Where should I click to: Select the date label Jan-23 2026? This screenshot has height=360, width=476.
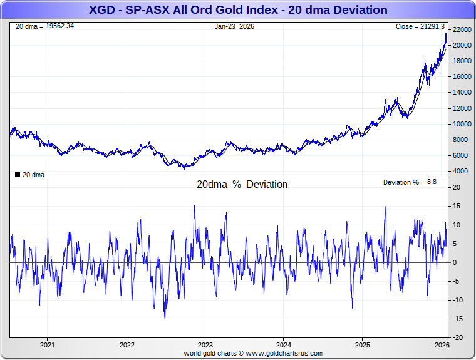[234, 26]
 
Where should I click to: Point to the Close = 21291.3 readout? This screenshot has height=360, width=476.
[420, 26]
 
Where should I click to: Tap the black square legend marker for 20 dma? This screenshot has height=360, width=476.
[18, 175]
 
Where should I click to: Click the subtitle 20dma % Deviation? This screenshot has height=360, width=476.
[242, 185]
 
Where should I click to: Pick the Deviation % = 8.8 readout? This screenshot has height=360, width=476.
[410, 182]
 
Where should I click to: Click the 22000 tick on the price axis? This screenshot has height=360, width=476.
[462, 30]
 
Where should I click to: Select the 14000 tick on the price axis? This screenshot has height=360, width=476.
[462, 93]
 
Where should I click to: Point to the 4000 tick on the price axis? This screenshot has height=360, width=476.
[460, 171]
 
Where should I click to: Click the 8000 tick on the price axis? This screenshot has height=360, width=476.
[460, 140]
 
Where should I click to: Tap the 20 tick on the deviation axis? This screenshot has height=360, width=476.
[458, 187]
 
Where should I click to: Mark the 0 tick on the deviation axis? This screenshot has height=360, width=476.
[455, 262]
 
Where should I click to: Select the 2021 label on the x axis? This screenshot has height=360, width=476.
[48, 345]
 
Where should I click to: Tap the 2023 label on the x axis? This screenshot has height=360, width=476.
[205, 345]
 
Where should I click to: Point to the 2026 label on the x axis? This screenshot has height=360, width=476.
[442, 345]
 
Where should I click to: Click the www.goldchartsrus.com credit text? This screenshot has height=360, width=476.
[284, 353]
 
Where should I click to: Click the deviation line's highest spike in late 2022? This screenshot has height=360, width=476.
[194, 206]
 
